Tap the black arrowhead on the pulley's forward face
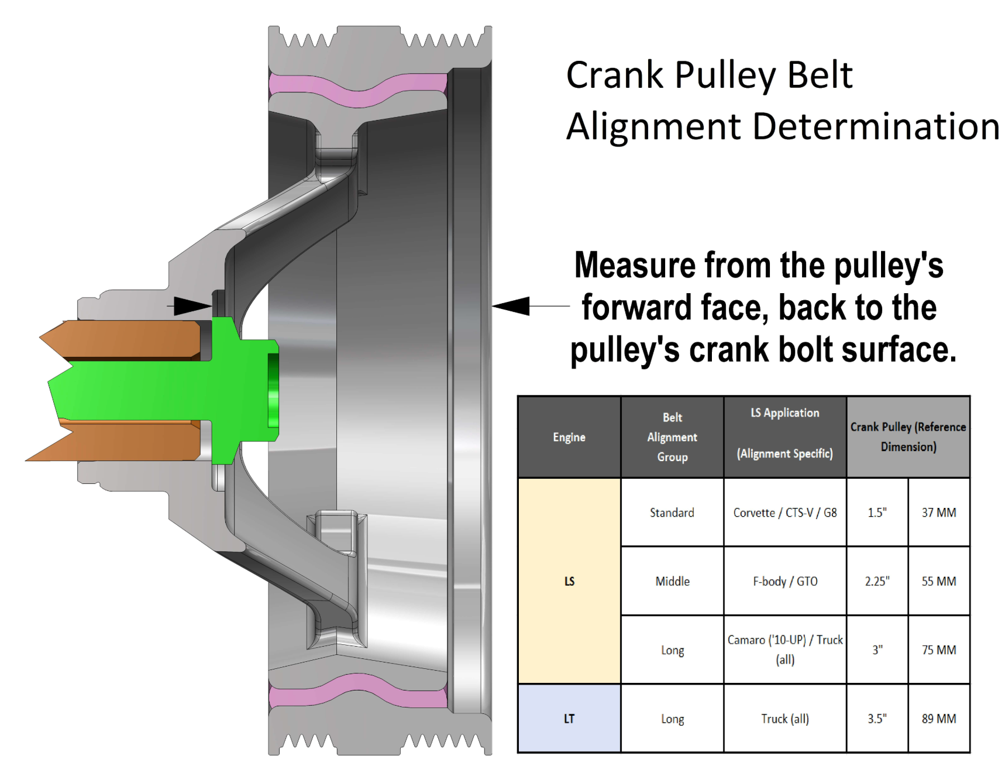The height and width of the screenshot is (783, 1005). point(511,305)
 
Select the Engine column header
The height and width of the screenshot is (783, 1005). point(569,437)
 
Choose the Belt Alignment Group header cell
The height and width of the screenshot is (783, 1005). point(672,437)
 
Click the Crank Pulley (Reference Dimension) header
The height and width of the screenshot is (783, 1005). point(908,437)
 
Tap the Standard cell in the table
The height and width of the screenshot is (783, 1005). point(672,513)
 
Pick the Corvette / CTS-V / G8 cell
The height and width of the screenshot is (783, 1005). point(785,513)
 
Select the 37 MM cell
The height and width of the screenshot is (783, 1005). point(939,513)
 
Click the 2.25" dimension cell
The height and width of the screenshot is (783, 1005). point(877,581)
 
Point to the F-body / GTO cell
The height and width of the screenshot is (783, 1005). point(785,581)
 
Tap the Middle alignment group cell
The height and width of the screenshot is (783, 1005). point(672,581)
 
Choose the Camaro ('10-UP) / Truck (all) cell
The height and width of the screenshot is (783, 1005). point(785,650)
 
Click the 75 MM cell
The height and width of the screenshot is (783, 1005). point(939,650)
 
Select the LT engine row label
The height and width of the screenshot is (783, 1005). point(569,719)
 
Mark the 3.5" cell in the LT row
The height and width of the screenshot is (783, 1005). point(877,719)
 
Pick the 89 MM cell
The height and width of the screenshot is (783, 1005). point(939,719)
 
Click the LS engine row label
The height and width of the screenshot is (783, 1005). point(569,581)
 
